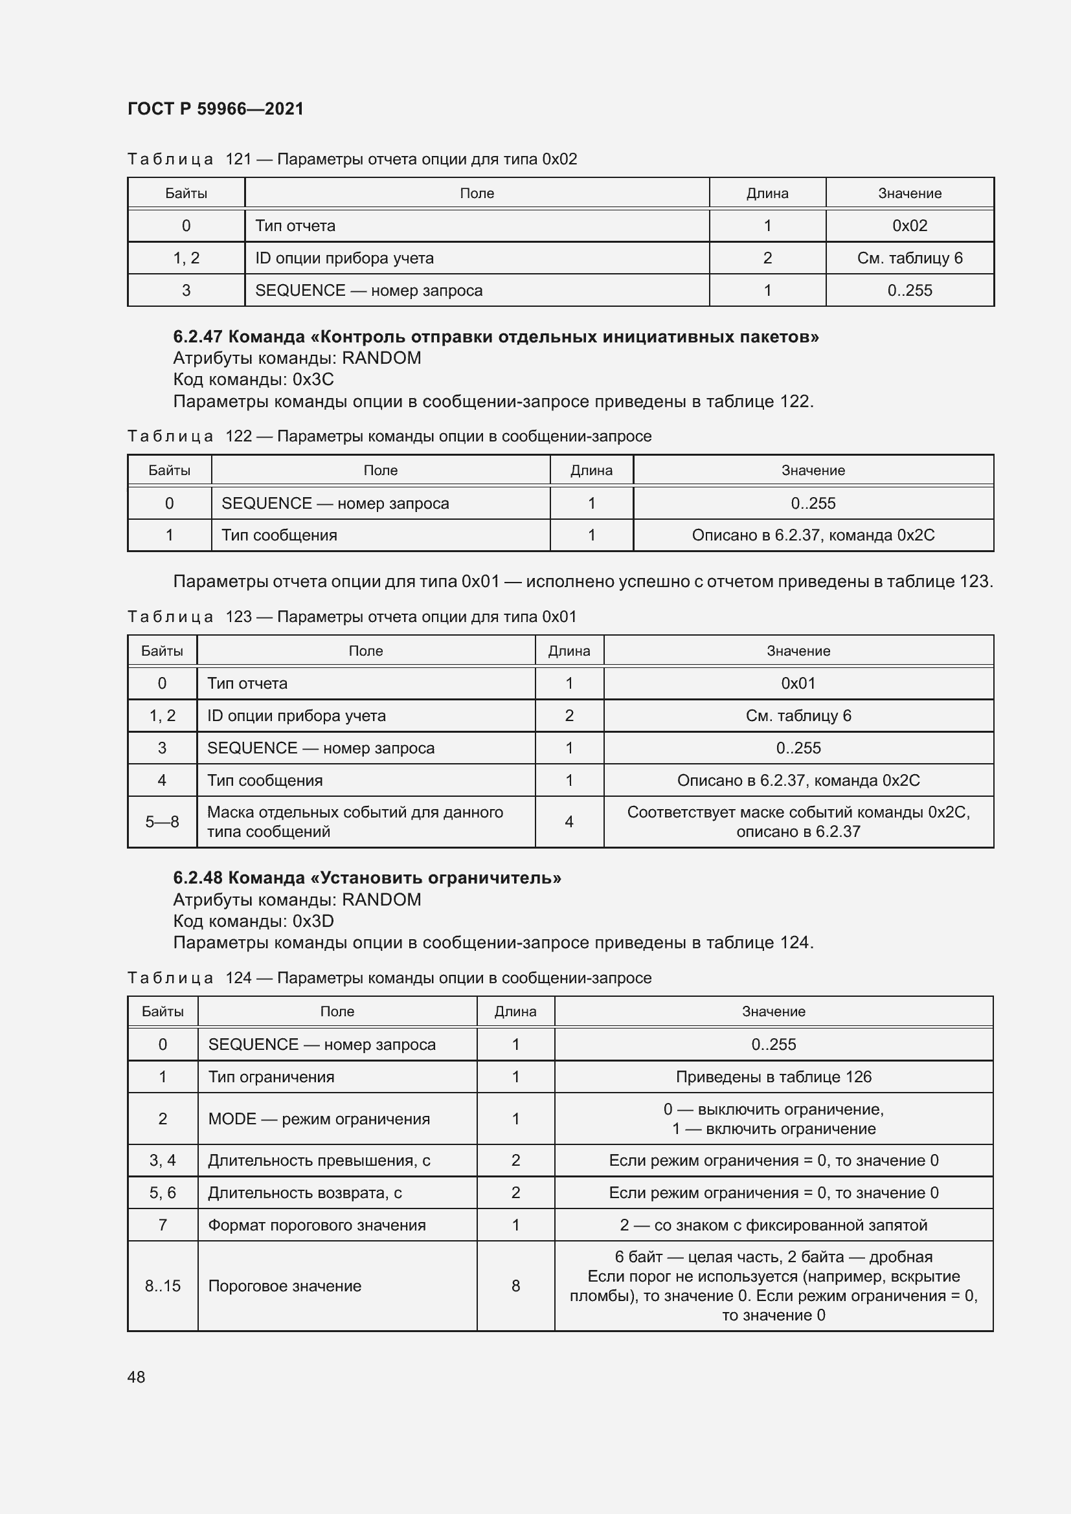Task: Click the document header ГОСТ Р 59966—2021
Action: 216,109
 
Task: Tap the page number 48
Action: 137,1377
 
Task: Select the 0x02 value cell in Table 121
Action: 909,225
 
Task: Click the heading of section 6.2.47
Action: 496,337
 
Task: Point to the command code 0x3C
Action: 313,380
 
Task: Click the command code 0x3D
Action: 313,921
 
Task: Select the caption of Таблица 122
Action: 389,436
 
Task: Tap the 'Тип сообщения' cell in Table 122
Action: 280,535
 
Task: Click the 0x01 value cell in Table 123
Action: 798,684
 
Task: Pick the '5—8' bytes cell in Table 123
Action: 163,822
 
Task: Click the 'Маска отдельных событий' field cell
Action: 355,822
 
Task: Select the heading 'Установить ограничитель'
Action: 367,878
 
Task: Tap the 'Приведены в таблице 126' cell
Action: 774,1077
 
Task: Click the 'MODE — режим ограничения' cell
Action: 319,1119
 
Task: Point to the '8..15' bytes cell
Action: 163,1286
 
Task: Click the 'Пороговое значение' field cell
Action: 285,1286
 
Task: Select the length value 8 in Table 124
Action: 515,1286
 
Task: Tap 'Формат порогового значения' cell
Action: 317,1225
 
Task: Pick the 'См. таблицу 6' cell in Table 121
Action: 909,258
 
